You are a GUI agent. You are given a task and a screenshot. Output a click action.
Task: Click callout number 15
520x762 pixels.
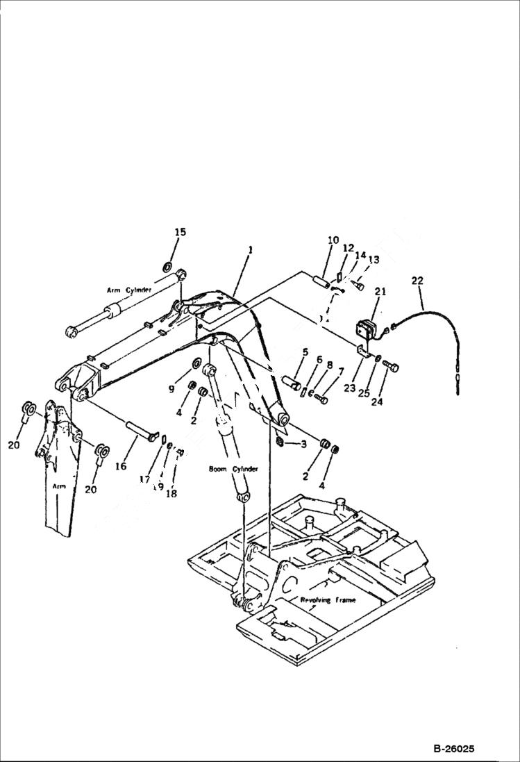click(x=180, y=232)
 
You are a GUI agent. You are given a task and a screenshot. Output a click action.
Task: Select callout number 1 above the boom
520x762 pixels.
click(x=250, y=248)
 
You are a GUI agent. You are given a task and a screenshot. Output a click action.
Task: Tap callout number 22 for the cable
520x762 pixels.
click(x=417, y=281)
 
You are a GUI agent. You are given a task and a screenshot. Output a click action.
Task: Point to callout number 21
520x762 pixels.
click(x=380, y=292)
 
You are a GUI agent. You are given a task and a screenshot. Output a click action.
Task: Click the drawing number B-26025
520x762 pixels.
click(x=453, y=749)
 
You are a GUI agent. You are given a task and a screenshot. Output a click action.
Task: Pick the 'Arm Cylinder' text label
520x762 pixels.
click(x=129, y=290)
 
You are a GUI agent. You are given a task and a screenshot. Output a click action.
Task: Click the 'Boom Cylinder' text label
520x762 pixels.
click(x=233, y=470)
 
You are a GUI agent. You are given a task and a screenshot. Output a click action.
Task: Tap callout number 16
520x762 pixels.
click(x=121, y=466)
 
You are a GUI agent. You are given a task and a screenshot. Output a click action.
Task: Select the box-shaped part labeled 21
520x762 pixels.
click(x=366, y=329)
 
